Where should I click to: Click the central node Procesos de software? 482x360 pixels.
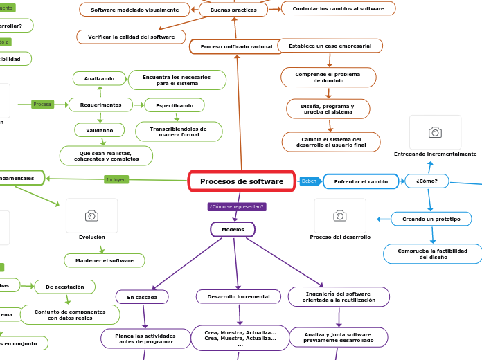[x=242, y=181]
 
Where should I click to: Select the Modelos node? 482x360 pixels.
[x=233, y=229]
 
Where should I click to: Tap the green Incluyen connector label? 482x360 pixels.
[x=116, y=179]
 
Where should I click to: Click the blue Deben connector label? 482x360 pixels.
[x=309, y=181]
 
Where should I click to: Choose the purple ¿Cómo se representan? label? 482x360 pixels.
[x=237, y=206]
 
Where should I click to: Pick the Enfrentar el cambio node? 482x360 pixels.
[x=361, y=181]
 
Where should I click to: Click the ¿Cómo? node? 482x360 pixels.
[x=427, y=181]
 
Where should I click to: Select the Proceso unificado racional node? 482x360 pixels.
[x=236, y=46]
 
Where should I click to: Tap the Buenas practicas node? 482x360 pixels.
[x=233, y=10]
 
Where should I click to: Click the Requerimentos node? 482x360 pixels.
[x=100, y=105]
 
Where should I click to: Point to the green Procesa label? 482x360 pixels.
[x=42, y=105]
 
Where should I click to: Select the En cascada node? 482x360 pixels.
[x=142, y=297]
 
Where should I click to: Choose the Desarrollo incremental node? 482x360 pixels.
[x=238, y=296]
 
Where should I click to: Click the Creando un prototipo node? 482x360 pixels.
[x=431, y=219]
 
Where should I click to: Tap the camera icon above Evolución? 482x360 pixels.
[x=91, y=216]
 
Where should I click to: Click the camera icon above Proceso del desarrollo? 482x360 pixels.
[x=340, y=216]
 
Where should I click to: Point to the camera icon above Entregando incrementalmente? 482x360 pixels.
[x=435, y=132]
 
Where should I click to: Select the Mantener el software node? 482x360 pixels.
[x=105, y=260]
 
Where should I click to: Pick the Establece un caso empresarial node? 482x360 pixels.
[x=330, y=46]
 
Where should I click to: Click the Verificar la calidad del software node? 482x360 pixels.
[x=132, y=37]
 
